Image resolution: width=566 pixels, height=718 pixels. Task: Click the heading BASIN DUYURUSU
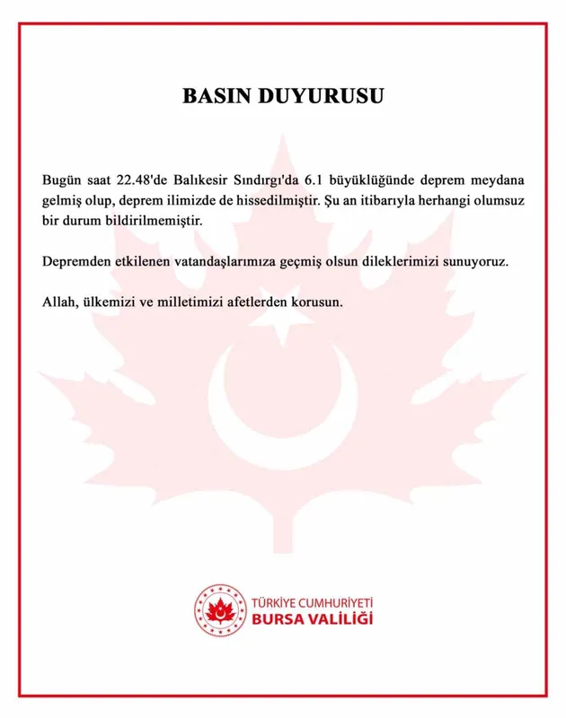point(283,97)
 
